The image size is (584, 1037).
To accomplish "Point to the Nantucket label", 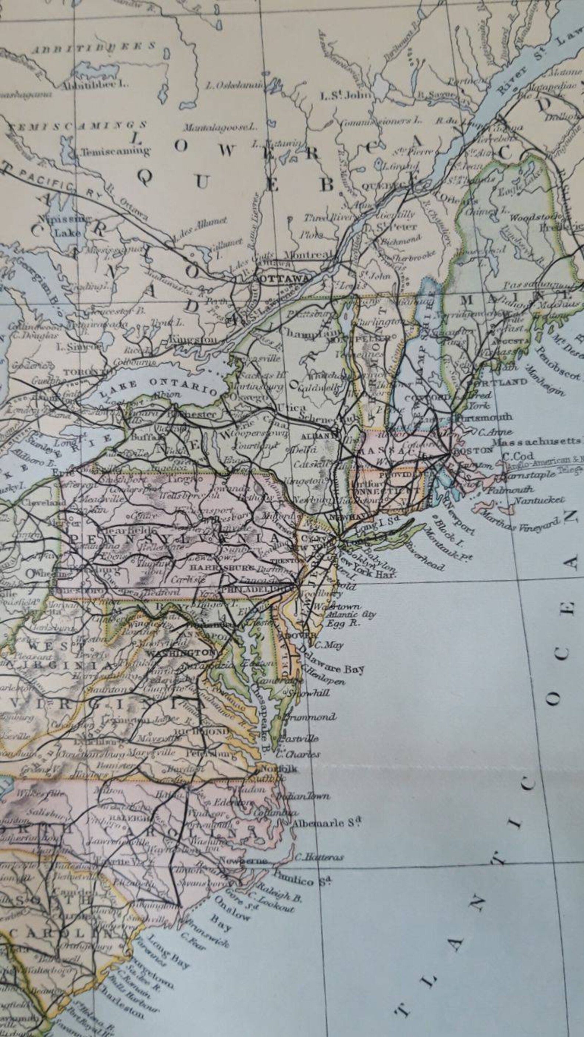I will click(x=539, y=500).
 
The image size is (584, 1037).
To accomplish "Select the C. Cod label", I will click(x=518, y=457).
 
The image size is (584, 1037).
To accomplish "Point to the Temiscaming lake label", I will click(x=115, y=152).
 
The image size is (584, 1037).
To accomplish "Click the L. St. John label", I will click(x=345, y=96).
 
